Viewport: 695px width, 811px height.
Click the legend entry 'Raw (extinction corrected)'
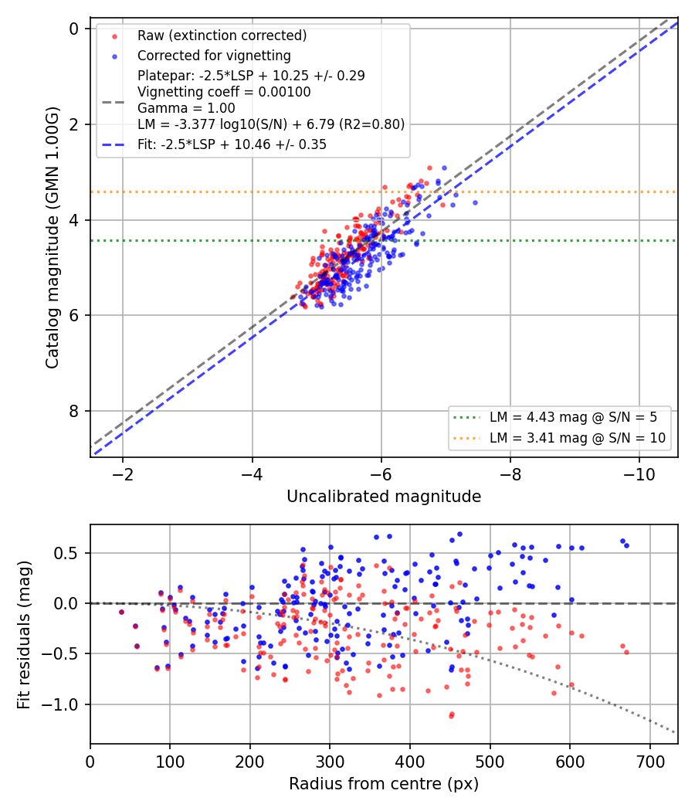222,36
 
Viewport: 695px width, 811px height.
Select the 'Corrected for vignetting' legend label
214,56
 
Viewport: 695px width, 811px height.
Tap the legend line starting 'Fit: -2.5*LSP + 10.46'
232,144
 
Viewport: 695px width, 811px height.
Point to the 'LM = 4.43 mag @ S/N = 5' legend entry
574,417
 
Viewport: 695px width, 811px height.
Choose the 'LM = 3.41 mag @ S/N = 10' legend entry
578,438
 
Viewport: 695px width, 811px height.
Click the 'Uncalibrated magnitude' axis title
385,497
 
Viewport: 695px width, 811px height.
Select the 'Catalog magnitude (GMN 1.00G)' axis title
52,237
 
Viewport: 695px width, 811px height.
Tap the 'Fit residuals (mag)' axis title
24,635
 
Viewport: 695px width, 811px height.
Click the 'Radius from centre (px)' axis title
384,784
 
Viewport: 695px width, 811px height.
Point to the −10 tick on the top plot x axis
639,474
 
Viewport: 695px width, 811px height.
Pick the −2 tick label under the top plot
123,474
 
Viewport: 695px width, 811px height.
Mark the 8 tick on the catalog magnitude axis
74,411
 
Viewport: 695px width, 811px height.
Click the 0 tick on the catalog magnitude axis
74,29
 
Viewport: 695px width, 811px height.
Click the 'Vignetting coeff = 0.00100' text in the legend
224,92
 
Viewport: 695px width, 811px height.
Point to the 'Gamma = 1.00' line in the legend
186,108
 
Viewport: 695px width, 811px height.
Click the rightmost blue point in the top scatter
475,202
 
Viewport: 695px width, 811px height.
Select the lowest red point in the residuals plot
452,716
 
